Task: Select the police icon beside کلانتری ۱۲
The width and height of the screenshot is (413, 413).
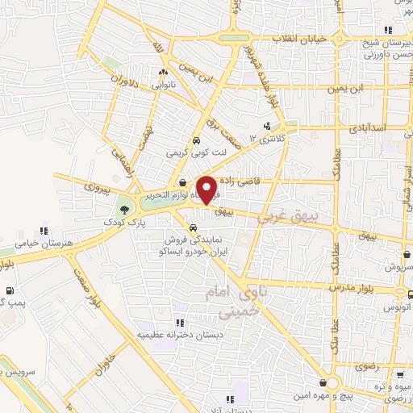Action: click(267, 126)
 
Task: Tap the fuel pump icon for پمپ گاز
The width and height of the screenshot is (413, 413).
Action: click(9, 291)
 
